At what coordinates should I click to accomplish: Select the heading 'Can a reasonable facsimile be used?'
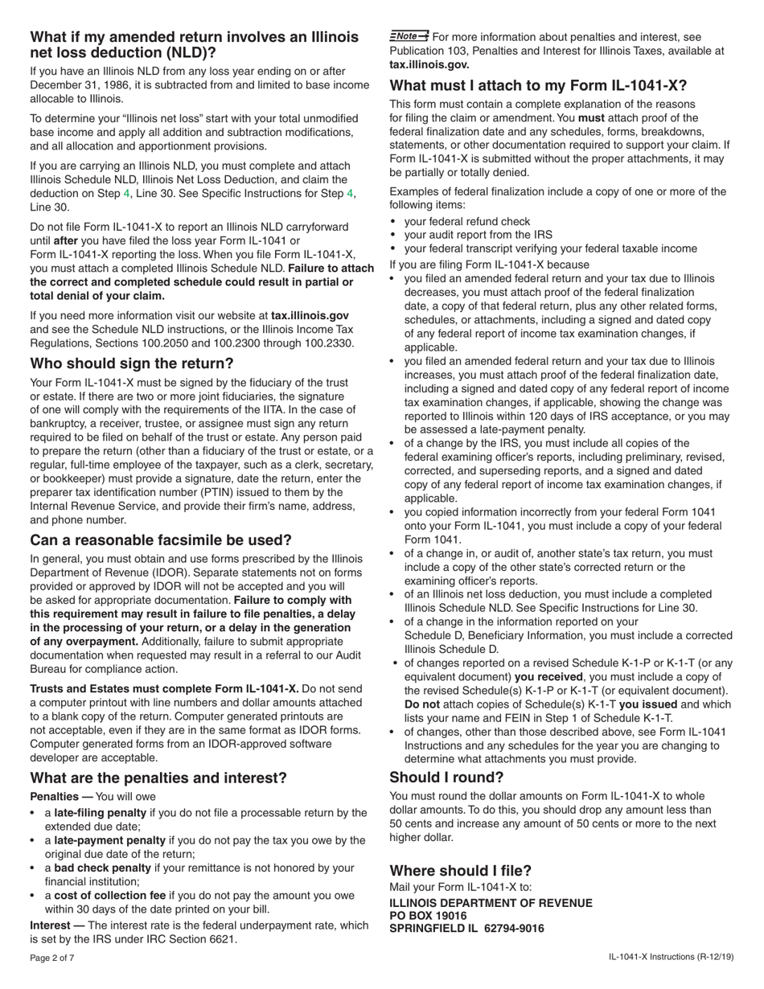click(161, 540)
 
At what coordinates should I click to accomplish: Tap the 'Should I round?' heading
click(446, 778)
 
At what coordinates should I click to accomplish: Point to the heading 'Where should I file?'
click(460, 871)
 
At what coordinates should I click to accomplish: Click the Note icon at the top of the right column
click(409, 36)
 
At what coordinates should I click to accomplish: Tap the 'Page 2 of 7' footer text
click(52, 958)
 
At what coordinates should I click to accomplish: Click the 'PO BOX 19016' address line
click(428, 916)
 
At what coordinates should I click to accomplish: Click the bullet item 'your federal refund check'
click(466, 221)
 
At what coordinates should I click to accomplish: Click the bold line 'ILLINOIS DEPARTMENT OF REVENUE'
click(491, 903)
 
